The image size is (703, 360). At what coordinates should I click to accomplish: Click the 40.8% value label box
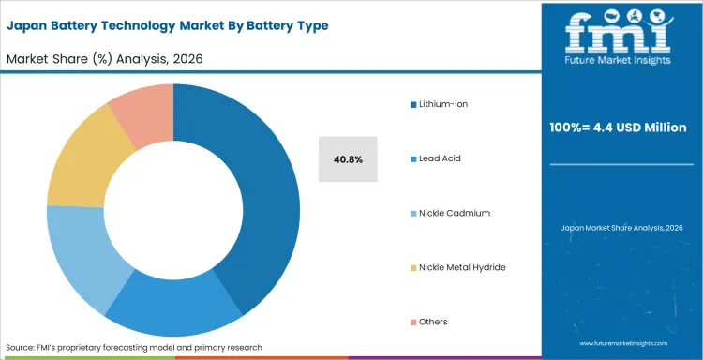(348, 159)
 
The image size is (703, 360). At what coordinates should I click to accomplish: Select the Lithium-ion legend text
(443, 104)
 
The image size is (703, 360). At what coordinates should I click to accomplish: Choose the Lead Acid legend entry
(441, 158)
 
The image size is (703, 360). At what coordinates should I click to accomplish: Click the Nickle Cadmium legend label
(455, 213)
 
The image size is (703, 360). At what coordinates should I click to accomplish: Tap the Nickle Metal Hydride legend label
(462, 267)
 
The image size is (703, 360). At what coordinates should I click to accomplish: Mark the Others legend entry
(433, 322)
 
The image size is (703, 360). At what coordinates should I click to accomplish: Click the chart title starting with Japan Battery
(168, 25)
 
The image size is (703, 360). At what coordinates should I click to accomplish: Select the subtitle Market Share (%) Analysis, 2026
(105, 58)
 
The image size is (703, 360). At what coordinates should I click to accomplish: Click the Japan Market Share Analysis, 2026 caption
(621, 228)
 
